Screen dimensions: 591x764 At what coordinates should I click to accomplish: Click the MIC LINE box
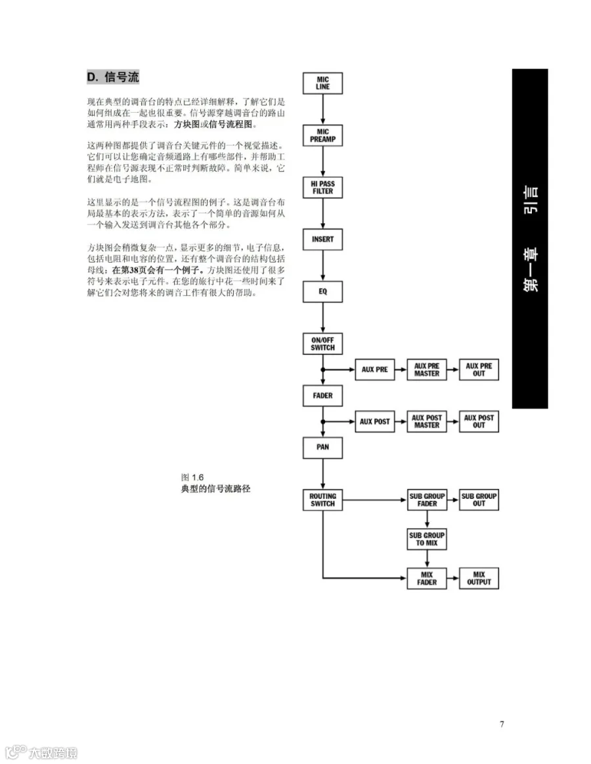click(x=322, y=83)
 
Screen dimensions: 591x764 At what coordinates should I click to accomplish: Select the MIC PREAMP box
click(x=322, y=135)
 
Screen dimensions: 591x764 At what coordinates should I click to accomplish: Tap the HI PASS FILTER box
click(x=322, y=187)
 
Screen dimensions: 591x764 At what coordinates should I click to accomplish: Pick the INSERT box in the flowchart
click(x=322, y=239)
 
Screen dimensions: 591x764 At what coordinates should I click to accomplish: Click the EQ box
click(x=322, y=291)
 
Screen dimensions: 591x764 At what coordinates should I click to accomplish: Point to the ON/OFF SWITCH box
click(x=322, y=343)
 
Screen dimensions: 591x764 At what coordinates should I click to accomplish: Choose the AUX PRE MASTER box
click(x=427, y=370)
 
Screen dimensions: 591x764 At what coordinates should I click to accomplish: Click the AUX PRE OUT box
click(x=479, y=370)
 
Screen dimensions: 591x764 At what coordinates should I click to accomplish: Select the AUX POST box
click(x=374, y=421)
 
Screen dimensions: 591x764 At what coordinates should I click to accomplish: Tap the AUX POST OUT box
click(x=479, y=421)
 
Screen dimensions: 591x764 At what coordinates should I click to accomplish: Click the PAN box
click(x=322, y=447)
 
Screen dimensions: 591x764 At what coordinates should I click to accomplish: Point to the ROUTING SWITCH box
click(x=322, y=500)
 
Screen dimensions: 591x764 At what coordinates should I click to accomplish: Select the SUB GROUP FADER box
click(x=427, y=500)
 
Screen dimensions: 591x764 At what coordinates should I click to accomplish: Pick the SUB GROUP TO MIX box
click(x=427, y=540)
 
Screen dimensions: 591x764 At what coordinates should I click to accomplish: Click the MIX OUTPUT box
click(x=479, y=578)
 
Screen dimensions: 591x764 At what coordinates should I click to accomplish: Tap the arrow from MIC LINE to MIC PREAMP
click(x=322, y=109)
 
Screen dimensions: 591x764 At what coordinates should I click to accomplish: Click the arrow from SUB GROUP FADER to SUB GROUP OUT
click(x=453, y=500)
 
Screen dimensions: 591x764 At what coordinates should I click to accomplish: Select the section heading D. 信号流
click(x=113, y=77)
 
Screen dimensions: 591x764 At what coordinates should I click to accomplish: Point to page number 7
click(x=502, y=724)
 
